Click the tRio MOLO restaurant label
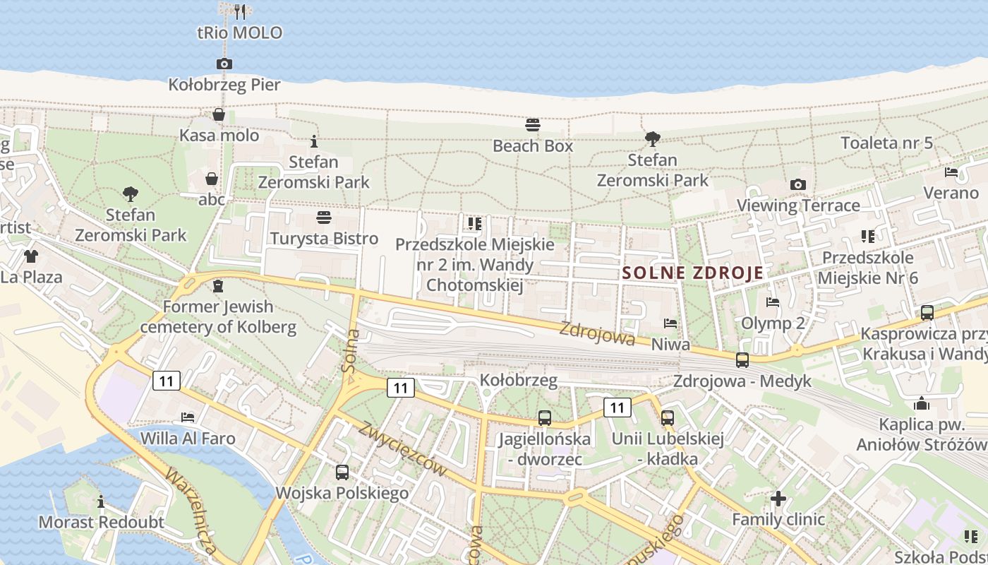(239, 32)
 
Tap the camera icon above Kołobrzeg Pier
(224, 64)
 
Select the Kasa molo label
(219, 135)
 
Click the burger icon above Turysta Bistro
(324, 216)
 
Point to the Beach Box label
(533, 146)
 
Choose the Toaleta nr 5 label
(886, 143)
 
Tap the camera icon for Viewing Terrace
(798, 184)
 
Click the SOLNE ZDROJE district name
(692, 273)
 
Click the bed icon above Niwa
(670, 323)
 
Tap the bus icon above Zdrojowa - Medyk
(742, 359)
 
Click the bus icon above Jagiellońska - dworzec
(544, 417)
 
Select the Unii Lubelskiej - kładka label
(668, 449)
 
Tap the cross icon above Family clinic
(778, 499)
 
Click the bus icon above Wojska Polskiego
(342, 472)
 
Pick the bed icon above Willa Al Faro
(188, 417)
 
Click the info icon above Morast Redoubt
(101, 501)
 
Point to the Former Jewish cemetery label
(217, 317)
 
